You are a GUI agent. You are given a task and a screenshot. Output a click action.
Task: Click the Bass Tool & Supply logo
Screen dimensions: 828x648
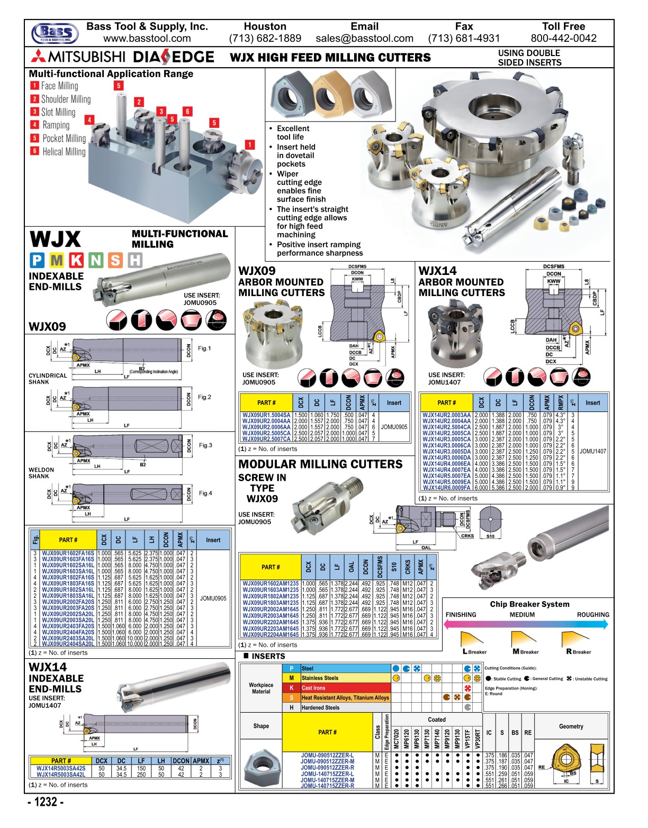[55, 33]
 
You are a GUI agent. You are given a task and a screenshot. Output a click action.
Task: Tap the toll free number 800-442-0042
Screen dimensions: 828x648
[563, 39]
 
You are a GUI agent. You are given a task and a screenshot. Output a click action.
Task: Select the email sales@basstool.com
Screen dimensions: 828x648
[364, 39]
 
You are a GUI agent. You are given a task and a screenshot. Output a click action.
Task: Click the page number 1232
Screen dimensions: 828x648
[46, 802]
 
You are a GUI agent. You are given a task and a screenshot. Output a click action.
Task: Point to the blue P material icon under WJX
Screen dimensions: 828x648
[37, 260]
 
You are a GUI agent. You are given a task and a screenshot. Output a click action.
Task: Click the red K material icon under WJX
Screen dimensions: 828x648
[76, 260]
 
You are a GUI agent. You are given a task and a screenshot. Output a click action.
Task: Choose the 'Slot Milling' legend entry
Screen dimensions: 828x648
[58, 112]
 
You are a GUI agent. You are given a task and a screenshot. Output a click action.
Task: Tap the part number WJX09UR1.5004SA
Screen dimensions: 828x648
[266, 415]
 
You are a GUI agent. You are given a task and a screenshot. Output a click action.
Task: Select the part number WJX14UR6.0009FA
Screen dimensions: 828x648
[446, 487]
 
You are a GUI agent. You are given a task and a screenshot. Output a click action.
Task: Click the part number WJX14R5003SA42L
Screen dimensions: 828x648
[61, 775]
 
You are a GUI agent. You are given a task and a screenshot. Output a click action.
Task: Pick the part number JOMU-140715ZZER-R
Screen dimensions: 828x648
[328, 786]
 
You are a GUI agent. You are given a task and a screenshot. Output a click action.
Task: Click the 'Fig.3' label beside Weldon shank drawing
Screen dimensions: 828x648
[205, 445]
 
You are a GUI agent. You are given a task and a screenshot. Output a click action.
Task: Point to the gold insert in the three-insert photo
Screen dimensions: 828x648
[330, 96]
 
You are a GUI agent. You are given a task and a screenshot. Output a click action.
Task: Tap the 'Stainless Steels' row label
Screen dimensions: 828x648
[320, 678]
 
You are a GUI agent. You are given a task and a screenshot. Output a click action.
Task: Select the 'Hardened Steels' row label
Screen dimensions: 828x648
[320, 707]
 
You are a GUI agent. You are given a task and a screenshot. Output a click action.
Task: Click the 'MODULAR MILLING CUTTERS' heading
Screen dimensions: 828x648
[320, 464]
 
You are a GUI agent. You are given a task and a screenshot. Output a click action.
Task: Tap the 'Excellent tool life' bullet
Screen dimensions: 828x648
[293, 133]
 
